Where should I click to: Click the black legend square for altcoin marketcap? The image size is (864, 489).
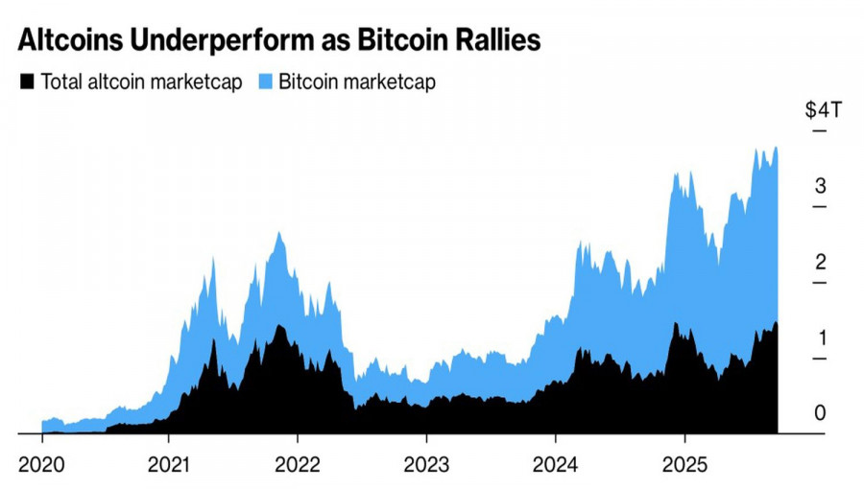(28, 82)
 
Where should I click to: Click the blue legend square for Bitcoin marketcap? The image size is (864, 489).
(266, 82)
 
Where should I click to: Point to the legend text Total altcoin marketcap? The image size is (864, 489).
(141, 82)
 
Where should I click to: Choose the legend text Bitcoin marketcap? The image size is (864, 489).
(357, 82)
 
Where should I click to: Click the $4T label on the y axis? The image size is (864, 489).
(823, 109)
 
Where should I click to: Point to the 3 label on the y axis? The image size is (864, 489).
(821, 186)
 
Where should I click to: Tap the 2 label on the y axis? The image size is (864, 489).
(821, 262)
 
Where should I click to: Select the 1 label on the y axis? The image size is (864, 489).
(821, 338)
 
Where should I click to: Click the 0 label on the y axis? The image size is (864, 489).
(821, 413)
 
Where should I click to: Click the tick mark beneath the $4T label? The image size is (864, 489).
(819, 130)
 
